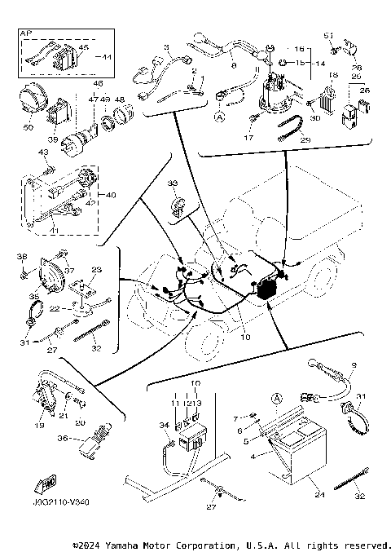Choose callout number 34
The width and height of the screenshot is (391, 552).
point(163,425)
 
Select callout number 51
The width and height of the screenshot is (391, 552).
point(330,35)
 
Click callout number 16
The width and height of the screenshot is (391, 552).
point(299,50)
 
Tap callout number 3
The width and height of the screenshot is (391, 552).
point(166,47)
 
